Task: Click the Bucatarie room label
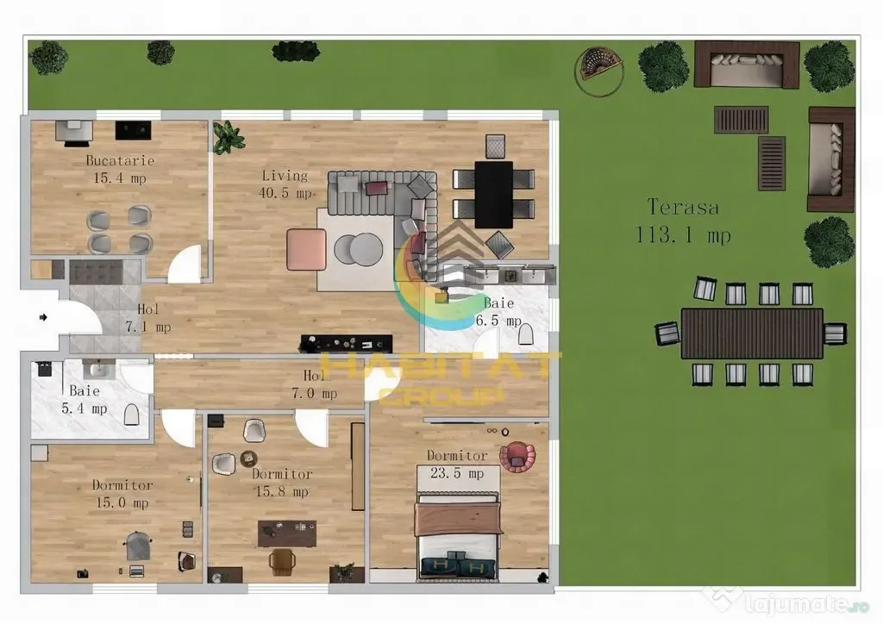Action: pos(120,160)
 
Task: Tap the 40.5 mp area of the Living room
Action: pos(285,193)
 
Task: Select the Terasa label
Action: pos(683,207)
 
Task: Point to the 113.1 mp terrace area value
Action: pos(683,234)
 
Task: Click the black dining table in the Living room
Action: pos(494,195)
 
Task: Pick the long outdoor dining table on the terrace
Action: pos(752,333)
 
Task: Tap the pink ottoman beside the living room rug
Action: pos(306,249)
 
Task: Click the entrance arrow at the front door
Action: pos(43,317)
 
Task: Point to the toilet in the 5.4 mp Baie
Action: pos(132,415)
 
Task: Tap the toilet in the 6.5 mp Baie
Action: pos(525,334)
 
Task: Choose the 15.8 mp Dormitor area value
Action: pos(282,492)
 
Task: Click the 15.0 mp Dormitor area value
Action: pos(122,503)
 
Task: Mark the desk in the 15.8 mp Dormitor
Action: pos(287,534)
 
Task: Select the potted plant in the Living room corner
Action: pos(228,137)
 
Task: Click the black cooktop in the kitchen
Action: pos(133,130)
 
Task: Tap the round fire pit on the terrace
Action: pos(599,71)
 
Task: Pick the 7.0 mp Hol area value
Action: pos(314,394)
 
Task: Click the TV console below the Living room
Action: pos(347,343)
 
